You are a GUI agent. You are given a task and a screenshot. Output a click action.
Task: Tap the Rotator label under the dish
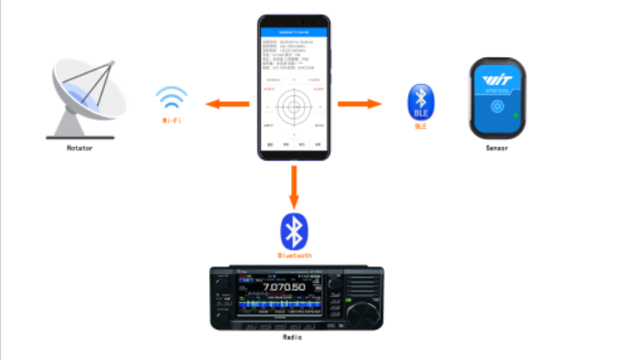[x=79, y=148]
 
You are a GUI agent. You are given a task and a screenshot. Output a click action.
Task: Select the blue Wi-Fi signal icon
[x=172, y=99]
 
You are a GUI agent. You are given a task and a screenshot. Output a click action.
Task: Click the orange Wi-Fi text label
[x=172, y=120]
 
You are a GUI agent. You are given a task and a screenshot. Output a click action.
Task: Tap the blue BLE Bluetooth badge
[x=421, y=103]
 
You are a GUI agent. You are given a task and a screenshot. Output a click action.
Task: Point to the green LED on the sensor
[x=516, y=115]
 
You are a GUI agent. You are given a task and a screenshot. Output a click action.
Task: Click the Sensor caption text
[x=496, y=148]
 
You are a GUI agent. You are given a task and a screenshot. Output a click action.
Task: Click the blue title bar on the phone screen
[x=294, y=33]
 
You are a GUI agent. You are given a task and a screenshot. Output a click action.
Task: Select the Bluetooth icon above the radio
[x=294, y=232]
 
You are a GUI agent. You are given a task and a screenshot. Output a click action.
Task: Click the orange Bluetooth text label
[x=294, y=256]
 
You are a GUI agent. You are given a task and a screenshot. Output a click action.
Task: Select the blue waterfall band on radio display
[x=281, y=305]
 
